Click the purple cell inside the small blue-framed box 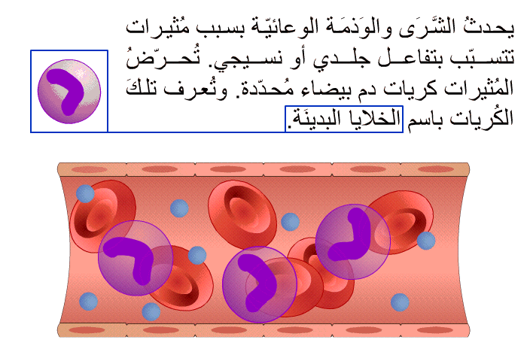[69, 91]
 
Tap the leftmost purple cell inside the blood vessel [136, 258]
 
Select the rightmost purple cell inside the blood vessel [352, 241]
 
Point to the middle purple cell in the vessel [260, 284]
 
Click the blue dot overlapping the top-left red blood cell [85, 193]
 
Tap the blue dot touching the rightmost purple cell [426, 241]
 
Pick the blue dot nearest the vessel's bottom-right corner [400, 302]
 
